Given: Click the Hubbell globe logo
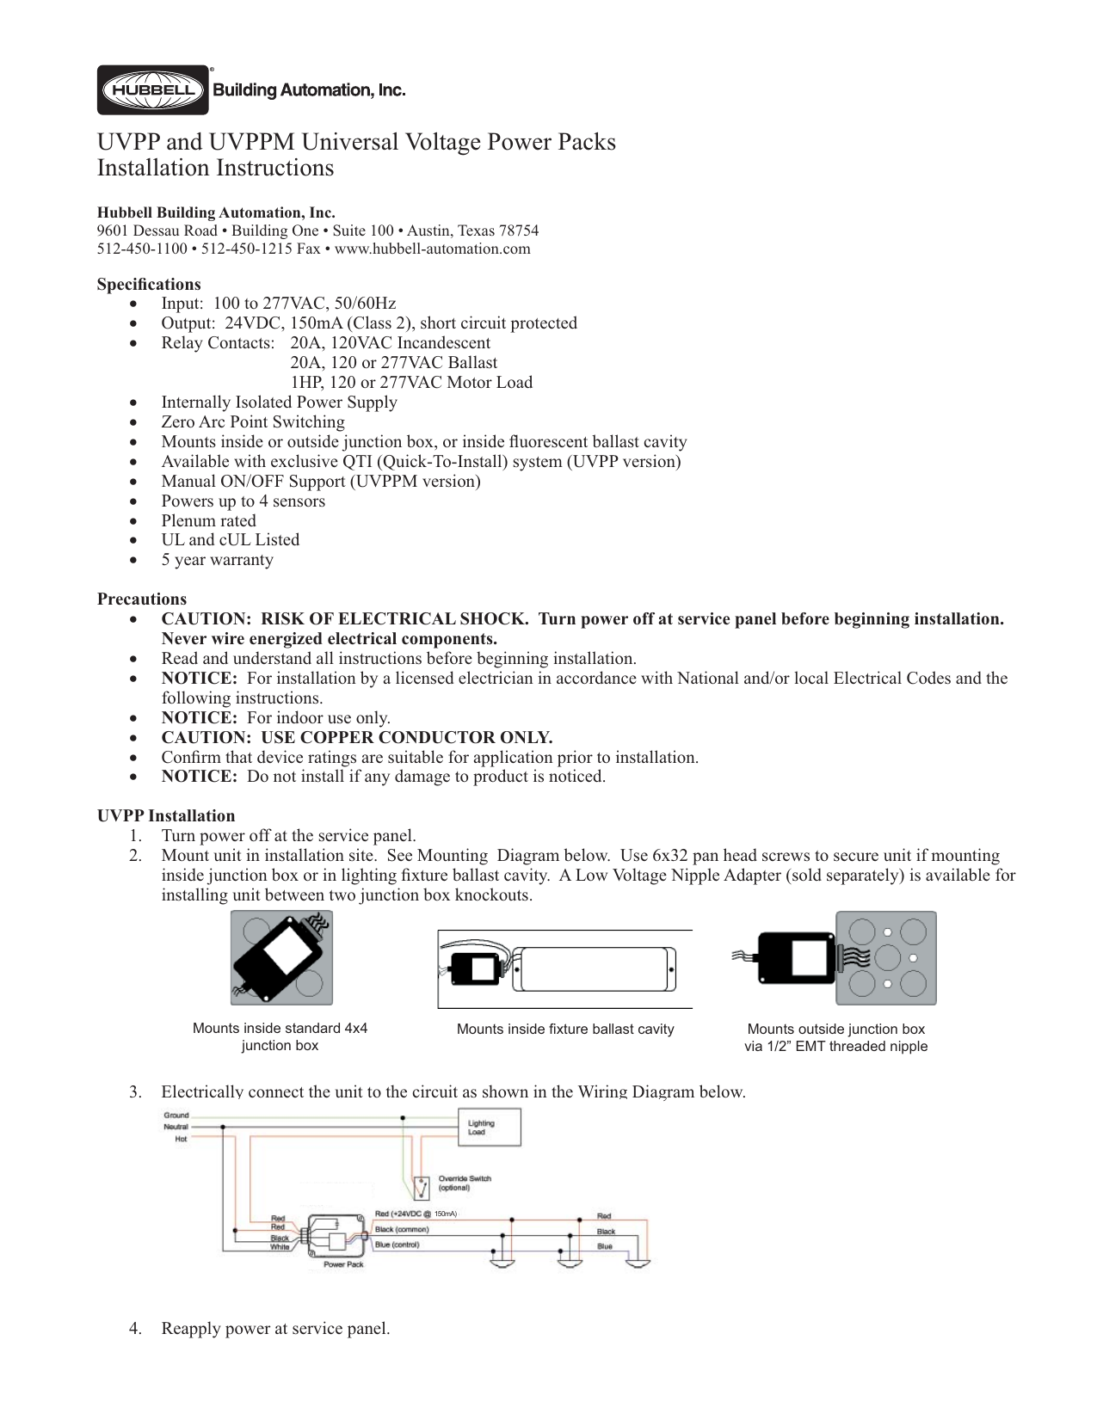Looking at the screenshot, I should pos(152,90).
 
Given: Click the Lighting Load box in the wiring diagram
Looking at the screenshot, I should pos(488,1128).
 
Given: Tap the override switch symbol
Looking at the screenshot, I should pos(422,1188).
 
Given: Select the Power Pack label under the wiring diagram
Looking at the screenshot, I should pos(343,1264).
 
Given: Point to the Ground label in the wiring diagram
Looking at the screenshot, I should pos(176,1116).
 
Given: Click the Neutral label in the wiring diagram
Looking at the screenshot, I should pos(176,1127).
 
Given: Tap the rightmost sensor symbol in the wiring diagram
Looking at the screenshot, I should pos(638,1263).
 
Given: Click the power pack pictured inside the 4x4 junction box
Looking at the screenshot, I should pos(280,957).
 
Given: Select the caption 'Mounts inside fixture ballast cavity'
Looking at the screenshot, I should pos(565,1030).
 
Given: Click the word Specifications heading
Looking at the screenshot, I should pos(149,285).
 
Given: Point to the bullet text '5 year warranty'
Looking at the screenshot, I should pos(217,560).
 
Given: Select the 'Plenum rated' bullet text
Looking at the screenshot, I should pos(208,521).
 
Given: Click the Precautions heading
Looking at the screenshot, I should pos(141,599).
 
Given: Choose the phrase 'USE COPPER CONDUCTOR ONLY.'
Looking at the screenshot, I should pos(406,738).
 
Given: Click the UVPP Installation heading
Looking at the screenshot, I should pos(165,816).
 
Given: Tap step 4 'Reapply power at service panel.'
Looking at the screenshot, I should pos(275,1329).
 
